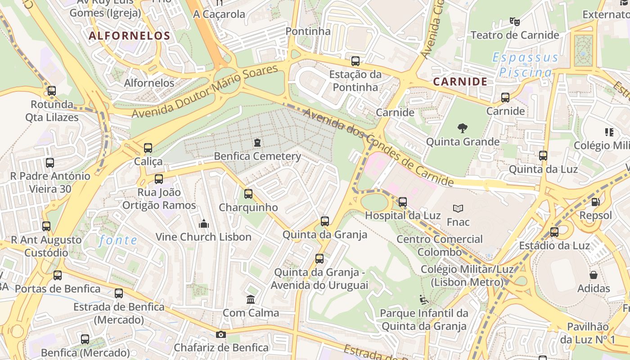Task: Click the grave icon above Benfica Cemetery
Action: (257, 143)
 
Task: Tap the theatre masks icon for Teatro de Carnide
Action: (514, 21)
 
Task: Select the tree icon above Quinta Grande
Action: (462, 128)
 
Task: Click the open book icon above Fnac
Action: (458, 208)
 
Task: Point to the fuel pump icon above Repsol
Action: (595, 202)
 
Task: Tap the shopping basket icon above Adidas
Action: (594, 275)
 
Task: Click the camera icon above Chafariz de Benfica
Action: (220, 334)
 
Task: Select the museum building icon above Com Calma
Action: (251, 299)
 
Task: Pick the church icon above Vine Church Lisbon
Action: (203, 223)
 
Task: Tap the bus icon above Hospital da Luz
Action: (402, 202)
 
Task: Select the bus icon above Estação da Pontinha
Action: (355, 61)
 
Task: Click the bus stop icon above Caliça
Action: (148, 148)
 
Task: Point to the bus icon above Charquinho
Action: (248, 194)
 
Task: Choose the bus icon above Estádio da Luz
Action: (554, 232)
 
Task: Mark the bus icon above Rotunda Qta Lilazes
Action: (52, 91)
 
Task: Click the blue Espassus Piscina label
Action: (525, 65)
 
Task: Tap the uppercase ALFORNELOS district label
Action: (130, 36)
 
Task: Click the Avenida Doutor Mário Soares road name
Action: (205, 91)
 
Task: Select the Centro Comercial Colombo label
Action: (439, 245)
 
